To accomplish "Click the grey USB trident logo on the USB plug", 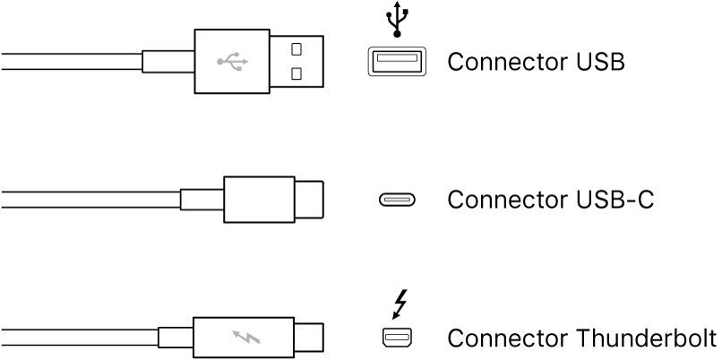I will (x=232, y=62).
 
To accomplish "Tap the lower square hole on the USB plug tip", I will (x=297, y=73).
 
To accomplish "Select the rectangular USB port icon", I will (x=395, y=62).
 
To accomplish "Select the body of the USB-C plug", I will (x=258, y=200).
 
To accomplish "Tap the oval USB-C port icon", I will (x=395, y=200).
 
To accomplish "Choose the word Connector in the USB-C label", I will (x=497, y=200).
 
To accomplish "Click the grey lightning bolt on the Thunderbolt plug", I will (x=245, y=339).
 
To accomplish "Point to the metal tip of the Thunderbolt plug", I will (x=309, y=339).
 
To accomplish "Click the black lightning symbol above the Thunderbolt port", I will (x=399, y=303).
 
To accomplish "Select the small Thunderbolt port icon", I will (x=395, y=339).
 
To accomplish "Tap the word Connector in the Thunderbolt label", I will (x=497, y=339).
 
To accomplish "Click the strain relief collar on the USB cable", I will (x=168, y=62).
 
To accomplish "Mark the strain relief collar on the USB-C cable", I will (x=202, y=200).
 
